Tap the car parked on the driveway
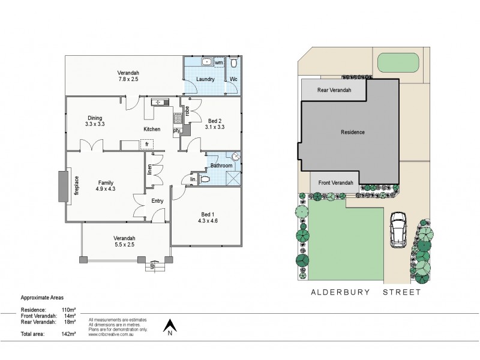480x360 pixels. tap(397, 229)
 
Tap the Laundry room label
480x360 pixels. tap(205, 79)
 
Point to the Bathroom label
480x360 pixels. tap(221, 166)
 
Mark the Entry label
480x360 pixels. tap(157, 201)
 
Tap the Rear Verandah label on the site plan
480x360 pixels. tap(332, 91)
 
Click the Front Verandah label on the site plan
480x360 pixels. tap(335, 182)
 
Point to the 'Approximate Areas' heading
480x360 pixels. tap(42, 297)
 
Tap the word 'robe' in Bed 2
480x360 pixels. tap(187, 110)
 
